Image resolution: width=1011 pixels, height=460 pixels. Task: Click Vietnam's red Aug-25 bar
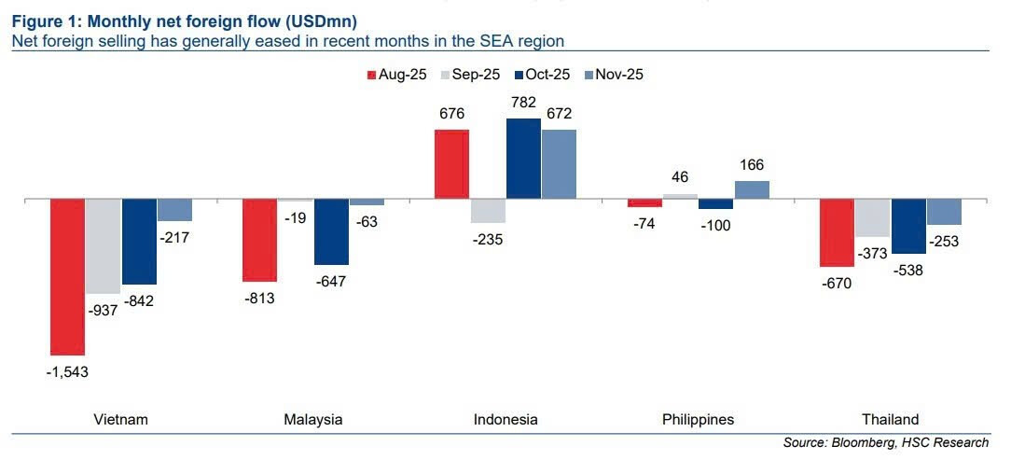click(67, 276)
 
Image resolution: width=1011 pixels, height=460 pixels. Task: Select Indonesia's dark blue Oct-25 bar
click(523, 159)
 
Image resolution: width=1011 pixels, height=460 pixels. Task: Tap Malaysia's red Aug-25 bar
click(259, 240)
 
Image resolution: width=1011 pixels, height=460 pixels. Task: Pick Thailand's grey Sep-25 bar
click(872, 217)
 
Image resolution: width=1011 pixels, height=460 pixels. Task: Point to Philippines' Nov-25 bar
click(752, 189)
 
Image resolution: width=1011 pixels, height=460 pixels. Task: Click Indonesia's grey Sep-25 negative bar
click(488, 211)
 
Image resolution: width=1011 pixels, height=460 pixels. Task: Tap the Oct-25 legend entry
click(541, 75)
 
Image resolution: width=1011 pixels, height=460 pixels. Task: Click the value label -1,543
click(67, 371)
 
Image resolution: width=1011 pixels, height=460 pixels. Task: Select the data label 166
click(751, 165)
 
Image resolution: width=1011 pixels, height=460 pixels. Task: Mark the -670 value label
click(837, 283)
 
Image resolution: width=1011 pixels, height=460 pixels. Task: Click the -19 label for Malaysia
click(296, 217)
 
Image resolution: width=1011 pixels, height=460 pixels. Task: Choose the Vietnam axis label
click(121, 419)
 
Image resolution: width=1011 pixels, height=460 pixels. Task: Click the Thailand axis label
click(890, 419)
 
